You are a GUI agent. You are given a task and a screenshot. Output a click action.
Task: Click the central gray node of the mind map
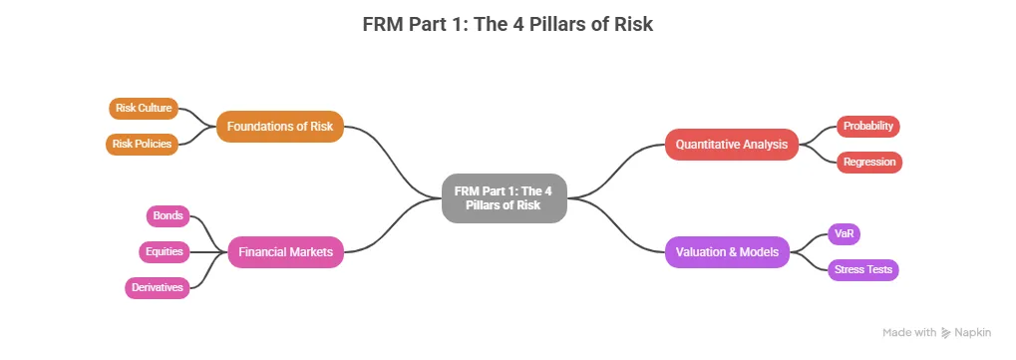(505, 197)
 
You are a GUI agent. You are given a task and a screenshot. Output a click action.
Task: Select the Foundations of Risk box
(280, 127)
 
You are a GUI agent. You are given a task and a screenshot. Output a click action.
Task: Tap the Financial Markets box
(286, 252)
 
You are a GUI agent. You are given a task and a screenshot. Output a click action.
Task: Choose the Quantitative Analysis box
(732, 145)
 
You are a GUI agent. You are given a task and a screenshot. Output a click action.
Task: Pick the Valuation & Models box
(728, 252)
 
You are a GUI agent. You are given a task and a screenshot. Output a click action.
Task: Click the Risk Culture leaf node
(144, 108)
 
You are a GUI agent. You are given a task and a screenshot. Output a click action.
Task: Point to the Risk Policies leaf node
(142, 144)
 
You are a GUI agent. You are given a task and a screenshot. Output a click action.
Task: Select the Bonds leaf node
(168, 215)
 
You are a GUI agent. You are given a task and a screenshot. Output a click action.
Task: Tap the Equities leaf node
(164, 251)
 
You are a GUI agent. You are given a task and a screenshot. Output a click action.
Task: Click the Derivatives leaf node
(157, 287)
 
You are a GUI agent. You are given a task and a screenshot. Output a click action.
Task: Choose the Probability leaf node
(867, 126)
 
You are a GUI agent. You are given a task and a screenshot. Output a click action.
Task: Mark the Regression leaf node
(869, 162)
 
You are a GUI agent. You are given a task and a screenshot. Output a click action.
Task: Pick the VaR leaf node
(845, 234)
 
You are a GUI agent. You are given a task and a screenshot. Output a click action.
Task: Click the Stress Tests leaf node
(863, 270)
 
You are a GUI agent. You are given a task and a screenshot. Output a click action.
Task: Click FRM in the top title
(384, 25)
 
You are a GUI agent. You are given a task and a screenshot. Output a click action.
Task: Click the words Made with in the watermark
(909, 332)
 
